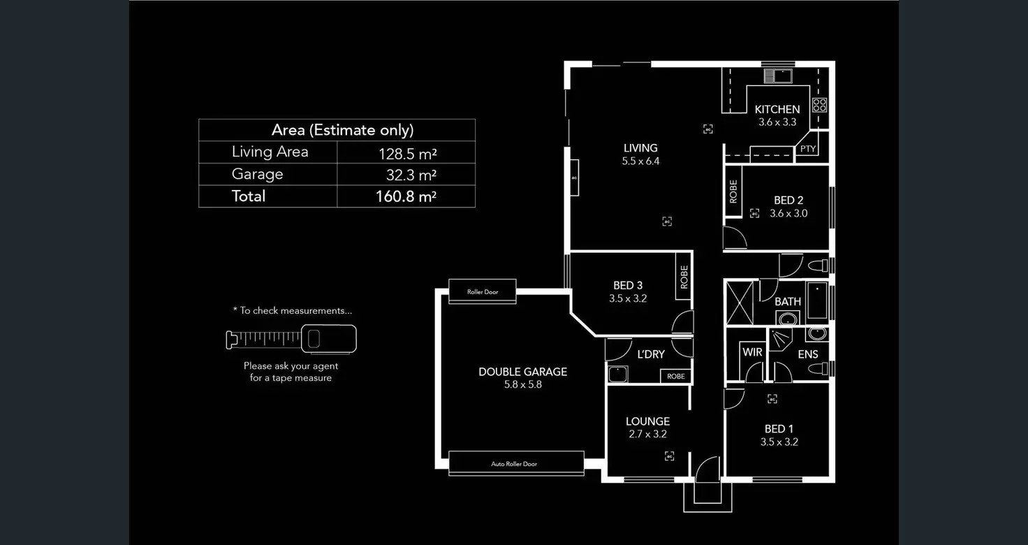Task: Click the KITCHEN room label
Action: coord(777,109)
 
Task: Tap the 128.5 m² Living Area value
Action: coord(406,153)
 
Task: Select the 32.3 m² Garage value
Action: coord(411,175)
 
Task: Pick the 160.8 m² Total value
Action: coord(406,196)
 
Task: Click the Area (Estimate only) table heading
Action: coord(342,130)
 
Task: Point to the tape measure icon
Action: coord(291,339)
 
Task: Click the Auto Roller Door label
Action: coord(514,464)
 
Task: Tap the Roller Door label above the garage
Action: coord(483,292)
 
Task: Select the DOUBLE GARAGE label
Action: coord(522,372)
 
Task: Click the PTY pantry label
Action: coord(808,149)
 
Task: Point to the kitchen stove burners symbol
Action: coord(819,105)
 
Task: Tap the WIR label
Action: coord(752,352)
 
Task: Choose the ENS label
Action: coord(808,354)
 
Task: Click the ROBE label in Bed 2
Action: coord(733,191)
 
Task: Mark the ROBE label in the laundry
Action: coord(676,376)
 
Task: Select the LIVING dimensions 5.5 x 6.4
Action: coord(640,161)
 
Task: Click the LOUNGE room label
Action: coord(647,421)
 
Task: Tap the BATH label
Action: coord(788,302)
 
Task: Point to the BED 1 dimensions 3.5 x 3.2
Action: coord(779,442)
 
